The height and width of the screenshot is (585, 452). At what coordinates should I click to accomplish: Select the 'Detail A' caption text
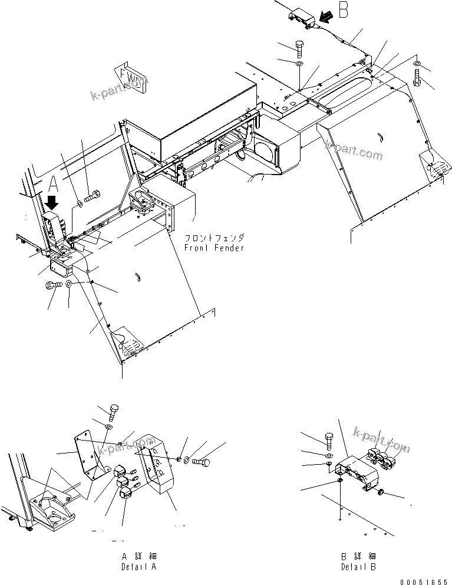point(139,566)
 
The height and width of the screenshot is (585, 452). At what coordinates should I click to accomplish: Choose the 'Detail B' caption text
point(358,566)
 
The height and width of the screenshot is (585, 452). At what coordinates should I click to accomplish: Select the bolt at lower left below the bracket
point(52,285)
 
